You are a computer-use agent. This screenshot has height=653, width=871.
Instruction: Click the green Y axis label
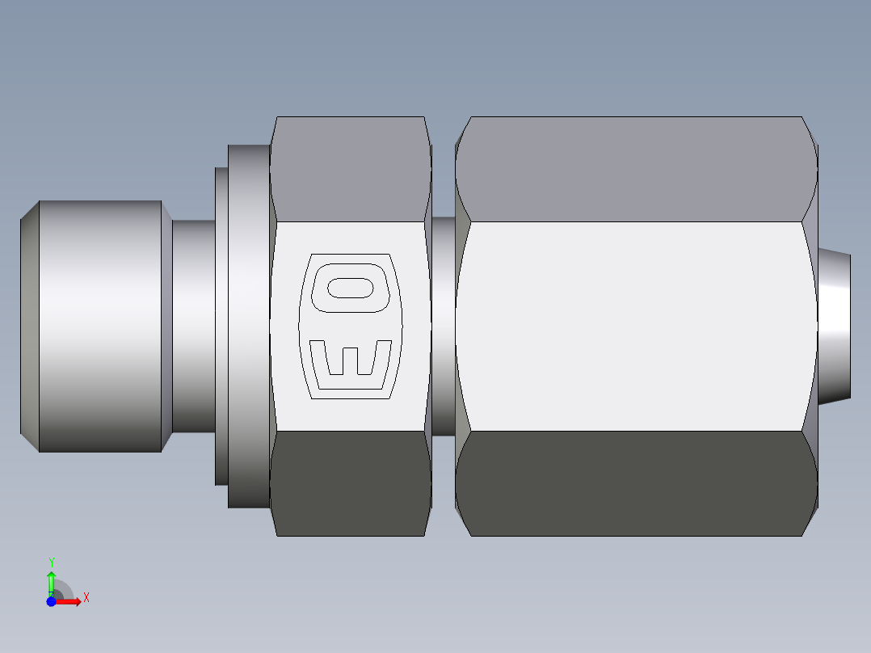coord(52,561)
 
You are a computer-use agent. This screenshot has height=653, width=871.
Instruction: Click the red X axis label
coord(86,597)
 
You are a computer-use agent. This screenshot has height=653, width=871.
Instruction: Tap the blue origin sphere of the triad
coord(52,601)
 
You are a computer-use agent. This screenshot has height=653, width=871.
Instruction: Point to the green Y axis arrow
coord(52,580)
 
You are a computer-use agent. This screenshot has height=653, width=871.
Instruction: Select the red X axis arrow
coord(71,601)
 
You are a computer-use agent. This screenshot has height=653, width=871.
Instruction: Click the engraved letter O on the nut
coord(350,288)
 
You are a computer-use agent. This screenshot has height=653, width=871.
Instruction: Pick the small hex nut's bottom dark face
coord(349,482)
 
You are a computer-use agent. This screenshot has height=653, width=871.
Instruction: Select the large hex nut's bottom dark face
coord(637,482)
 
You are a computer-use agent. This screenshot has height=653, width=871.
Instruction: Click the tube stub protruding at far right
coord(835,326)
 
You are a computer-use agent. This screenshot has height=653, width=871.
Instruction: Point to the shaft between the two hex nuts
coord(443,326)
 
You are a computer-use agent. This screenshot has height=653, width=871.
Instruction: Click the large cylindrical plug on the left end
coord(100,326)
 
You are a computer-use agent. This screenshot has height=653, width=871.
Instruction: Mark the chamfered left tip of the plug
coord(29,326)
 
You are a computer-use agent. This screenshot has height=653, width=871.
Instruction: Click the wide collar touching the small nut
coord(248,326)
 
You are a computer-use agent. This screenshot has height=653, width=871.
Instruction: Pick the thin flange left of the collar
coord(221,326)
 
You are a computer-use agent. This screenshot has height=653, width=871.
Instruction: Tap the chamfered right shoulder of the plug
coord(166,326)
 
